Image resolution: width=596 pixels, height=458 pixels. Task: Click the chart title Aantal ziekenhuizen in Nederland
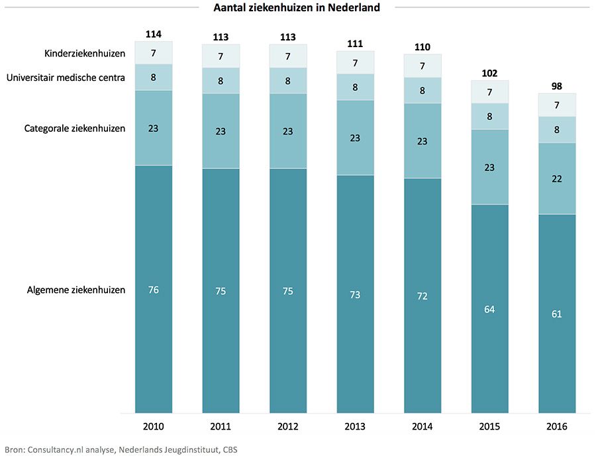click(x=297, y=8)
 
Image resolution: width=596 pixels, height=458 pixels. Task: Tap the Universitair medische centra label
click(x=66, y=78)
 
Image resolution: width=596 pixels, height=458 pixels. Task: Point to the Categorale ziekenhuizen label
click(x=75, y=128)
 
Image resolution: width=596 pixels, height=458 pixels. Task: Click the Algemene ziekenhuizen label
click(x=76, y=290)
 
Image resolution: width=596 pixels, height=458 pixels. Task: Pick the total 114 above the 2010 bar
click(x=154, y=34)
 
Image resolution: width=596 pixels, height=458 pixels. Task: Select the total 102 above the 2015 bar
click(x=489, y=73)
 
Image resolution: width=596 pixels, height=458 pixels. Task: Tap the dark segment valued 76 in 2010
click(x=154, y=290)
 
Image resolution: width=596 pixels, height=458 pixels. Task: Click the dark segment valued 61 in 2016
click(x=556, y=314)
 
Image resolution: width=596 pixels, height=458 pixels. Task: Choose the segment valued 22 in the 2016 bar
click(x=556, y=178)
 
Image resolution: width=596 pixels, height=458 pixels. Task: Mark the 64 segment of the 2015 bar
click(x=489, y=309)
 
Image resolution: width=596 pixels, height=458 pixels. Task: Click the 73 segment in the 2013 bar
click(x=355, y=294)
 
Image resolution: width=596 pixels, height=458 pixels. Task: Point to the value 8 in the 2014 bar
click(x=422, y=91)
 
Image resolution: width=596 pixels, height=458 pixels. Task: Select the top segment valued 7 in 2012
click(x=288, y=56)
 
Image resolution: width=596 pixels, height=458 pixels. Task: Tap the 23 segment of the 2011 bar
click(x=221, y=131)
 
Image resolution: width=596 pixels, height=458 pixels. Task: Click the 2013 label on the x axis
click(x=355, y=427)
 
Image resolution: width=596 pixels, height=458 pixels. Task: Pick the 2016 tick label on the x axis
click(x=556, y=427)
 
